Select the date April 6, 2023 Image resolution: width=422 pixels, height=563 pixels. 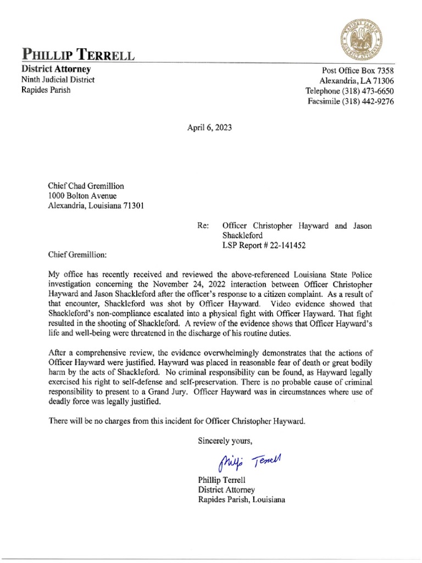pyautogui.click(x=210, y=128)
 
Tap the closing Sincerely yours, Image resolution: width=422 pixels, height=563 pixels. pyautogui.click(x=225, y=440)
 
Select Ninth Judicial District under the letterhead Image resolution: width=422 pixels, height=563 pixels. pyautogui.click(x=58, y=80)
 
